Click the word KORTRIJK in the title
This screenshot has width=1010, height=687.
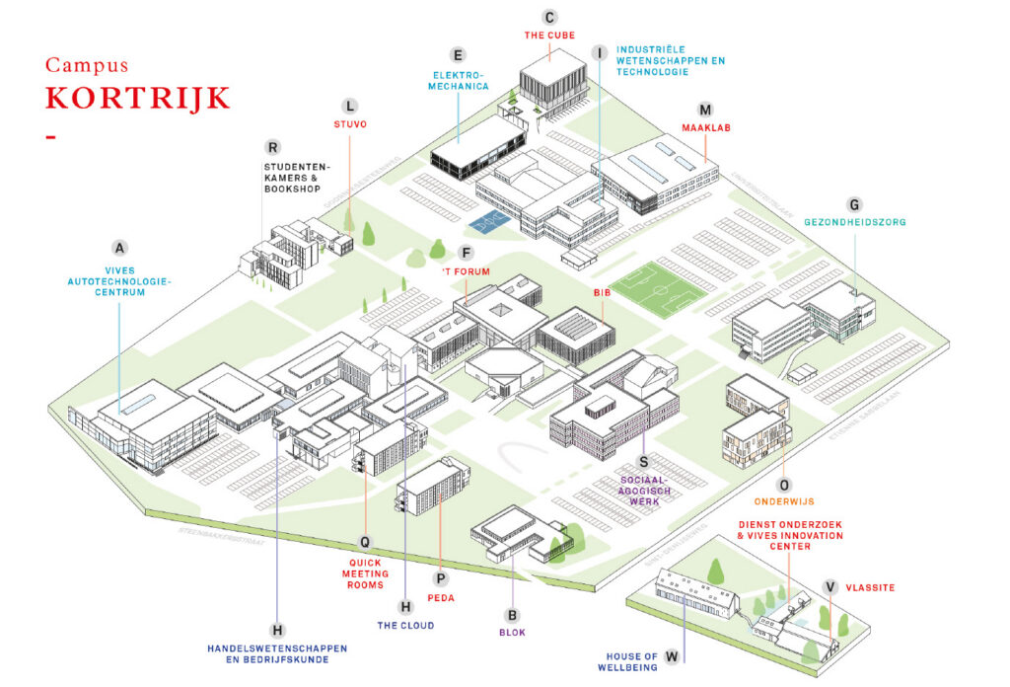click(x=137, y=99)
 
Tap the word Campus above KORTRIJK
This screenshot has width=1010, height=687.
click(x=87, y=65)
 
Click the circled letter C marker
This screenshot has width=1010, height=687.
click(x=550, y=16)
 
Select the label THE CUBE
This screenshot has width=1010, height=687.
click(x=549, y=36)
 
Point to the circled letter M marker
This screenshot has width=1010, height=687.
click(x=704, y=110)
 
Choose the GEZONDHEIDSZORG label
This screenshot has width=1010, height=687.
click(x=855, y=222)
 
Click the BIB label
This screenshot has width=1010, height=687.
click(x=603, y=293)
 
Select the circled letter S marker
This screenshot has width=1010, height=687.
click(x=643, y=460)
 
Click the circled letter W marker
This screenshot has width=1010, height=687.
click(x=672, y=654)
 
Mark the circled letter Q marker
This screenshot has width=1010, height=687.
click(x=365, y=541)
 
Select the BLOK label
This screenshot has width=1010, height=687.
click(x=512, y=633)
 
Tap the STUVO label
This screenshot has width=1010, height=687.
click(x=350, y=124)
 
